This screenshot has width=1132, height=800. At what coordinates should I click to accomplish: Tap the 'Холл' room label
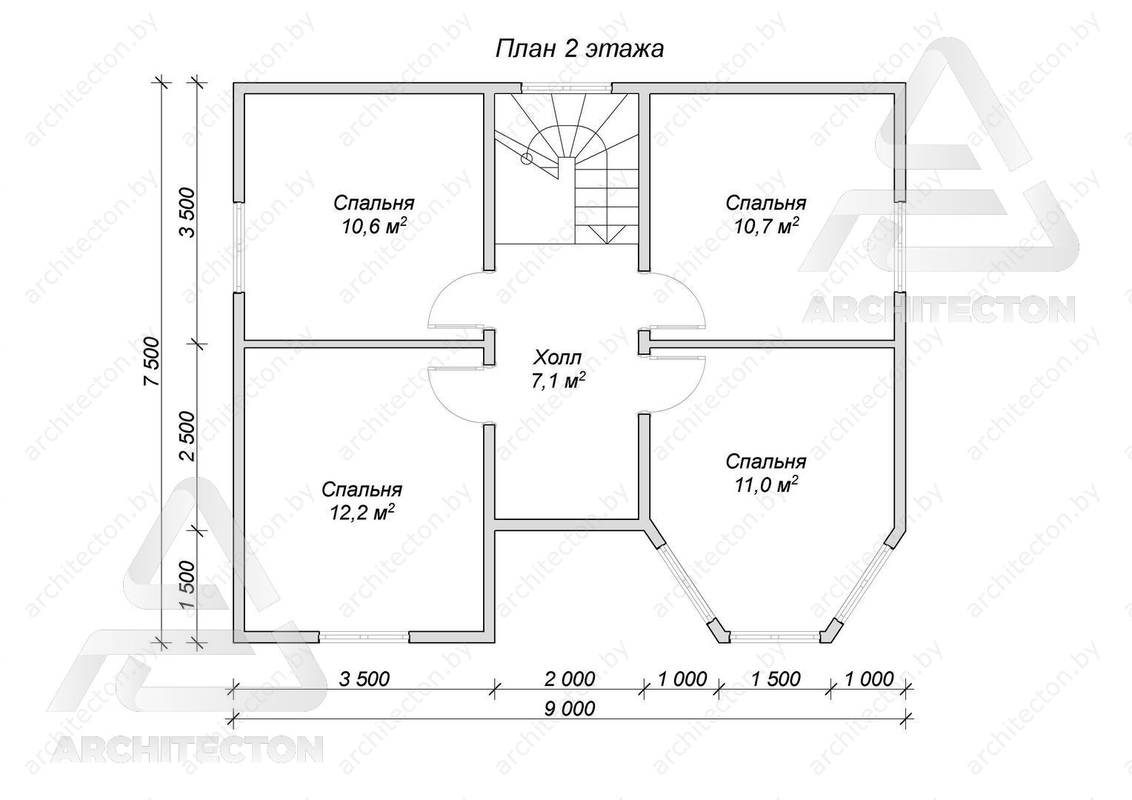[x=557, y=359]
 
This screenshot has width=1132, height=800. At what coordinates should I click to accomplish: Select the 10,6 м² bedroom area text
[x=374, y=227]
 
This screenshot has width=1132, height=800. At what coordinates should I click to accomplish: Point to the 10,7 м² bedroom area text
[x=767, y=227]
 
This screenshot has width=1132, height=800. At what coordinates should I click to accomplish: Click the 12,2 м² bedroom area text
[x=362, y=513]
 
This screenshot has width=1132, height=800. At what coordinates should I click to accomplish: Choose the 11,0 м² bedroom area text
[x=766, y=485]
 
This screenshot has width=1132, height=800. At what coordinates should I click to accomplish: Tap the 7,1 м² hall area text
[x=559, y=381]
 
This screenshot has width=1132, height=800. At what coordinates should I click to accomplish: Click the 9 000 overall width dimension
[x=570, y=709]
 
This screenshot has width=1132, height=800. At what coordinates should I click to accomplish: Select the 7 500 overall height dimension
[x=152, y=361]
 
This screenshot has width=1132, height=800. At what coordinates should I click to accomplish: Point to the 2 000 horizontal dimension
[x=570, y=679]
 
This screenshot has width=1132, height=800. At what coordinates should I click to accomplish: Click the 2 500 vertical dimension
[x=187, y=436]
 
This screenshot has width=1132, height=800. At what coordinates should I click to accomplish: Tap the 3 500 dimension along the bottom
[x=364, y=679]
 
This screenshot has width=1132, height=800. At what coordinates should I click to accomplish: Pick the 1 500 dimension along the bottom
[x=776, y=679]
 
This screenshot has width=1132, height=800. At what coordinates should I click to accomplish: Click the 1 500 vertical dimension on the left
[x=187, y=584]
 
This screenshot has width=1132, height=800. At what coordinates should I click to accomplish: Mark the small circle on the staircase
[x=527, y=159]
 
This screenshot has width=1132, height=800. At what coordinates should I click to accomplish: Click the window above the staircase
[x=567, y=87]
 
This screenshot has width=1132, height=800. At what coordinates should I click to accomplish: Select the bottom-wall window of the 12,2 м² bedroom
[x=364, y=637]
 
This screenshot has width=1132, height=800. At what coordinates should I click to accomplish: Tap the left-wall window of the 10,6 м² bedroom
[x=239, y=247]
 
